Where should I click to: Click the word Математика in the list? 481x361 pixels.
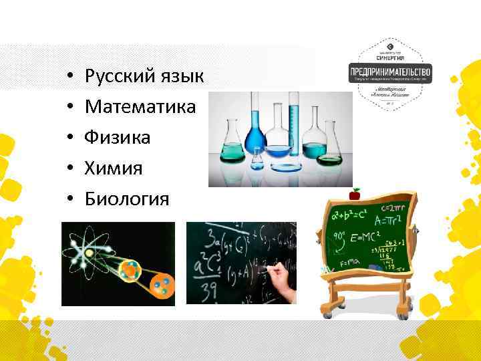[140, 107]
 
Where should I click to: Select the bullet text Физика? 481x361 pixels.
[117, 138]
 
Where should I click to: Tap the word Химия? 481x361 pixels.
[114, 168]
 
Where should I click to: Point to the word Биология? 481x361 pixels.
[127, 199]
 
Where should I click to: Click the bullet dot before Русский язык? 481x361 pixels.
[69, 78]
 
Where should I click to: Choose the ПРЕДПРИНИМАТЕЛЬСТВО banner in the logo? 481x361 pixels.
[391, 71]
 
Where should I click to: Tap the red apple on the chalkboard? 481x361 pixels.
[355, 195]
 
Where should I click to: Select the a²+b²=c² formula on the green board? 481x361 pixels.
[351, 217]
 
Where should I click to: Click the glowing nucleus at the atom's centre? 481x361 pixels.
[88, 253]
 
